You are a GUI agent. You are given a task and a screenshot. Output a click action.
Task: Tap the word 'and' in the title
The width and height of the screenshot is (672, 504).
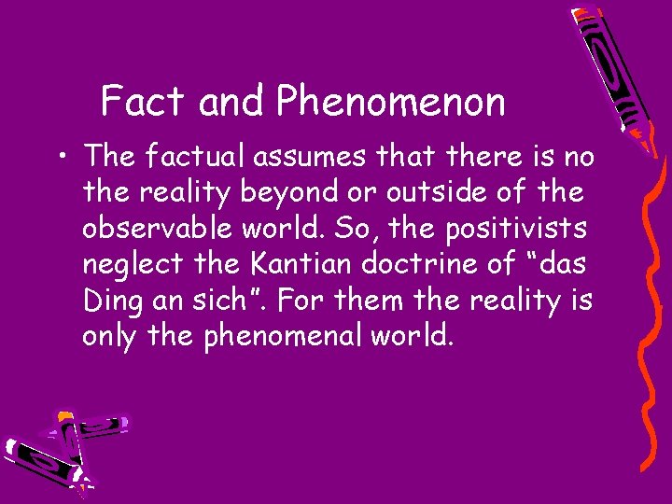pyautogui.click(x=232, y=101)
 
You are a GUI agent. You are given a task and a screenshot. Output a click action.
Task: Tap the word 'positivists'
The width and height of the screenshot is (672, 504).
pyautogui.click(x=501, y=228)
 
